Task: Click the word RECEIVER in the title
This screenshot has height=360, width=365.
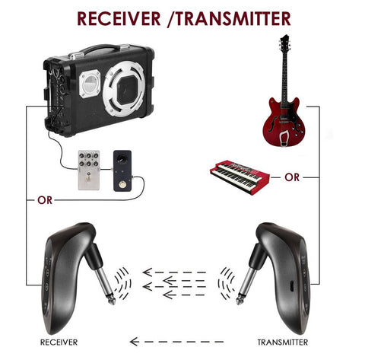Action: click(119, 18)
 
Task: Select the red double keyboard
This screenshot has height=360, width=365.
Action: click(240, 177)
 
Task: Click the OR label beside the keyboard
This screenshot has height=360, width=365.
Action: click(292, 177)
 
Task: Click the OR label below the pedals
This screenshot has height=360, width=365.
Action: click(45, 200)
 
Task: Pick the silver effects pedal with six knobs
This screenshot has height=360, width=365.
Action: click(89, 170)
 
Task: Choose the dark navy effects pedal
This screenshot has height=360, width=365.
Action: click(122, 170)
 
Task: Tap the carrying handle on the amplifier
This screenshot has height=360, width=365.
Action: click(101, 49)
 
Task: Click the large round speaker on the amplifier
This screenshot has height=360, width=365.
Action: click(124, 88)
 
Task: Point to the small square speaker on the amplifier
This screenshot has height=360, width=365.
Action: click(90, 84)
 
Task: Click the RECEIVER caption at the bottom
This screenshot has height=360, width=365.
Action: click(59, 342)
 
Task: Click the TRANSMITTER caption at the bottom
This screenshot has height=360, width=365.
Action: click(283, 342)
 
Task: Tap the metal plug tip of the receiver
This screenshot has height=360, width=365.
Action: click(112, 301)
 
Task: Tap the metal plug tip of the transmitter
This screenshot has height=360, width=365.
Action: click(239, 301)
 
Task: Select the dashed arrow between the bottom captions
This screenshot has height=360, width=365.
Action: click(176, 342)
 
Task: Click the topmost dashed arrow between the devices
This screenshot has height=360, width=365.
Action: click(174, 272)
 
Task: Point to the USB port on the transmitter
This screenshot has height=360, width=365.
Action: click(292, 286)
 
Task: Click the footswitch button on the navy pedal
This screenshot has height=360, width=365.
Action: click(122, 184)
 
